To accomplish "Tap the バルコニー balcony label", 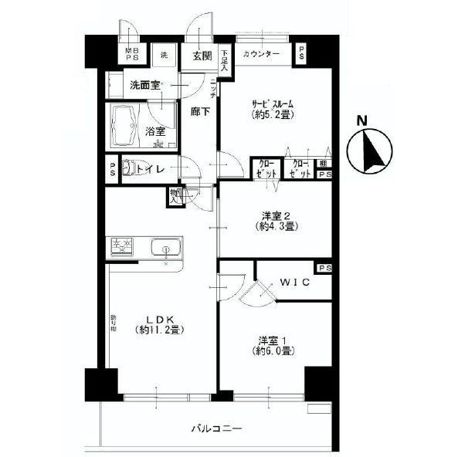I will (216, 428).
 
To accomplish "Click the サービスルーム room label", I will (274, 104).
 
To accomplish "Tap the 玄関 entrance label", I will (202, 55).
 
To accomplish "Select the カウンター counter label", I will (261, 55).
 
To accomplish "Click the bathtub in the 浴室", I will (134, 123).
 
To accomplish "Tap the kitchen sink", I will (165, 249).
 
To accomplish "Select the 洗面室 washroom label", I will (144, 86).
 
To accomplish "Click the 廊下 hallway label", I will (201, 111).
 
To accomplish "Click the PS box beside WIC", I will (324, 268).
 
